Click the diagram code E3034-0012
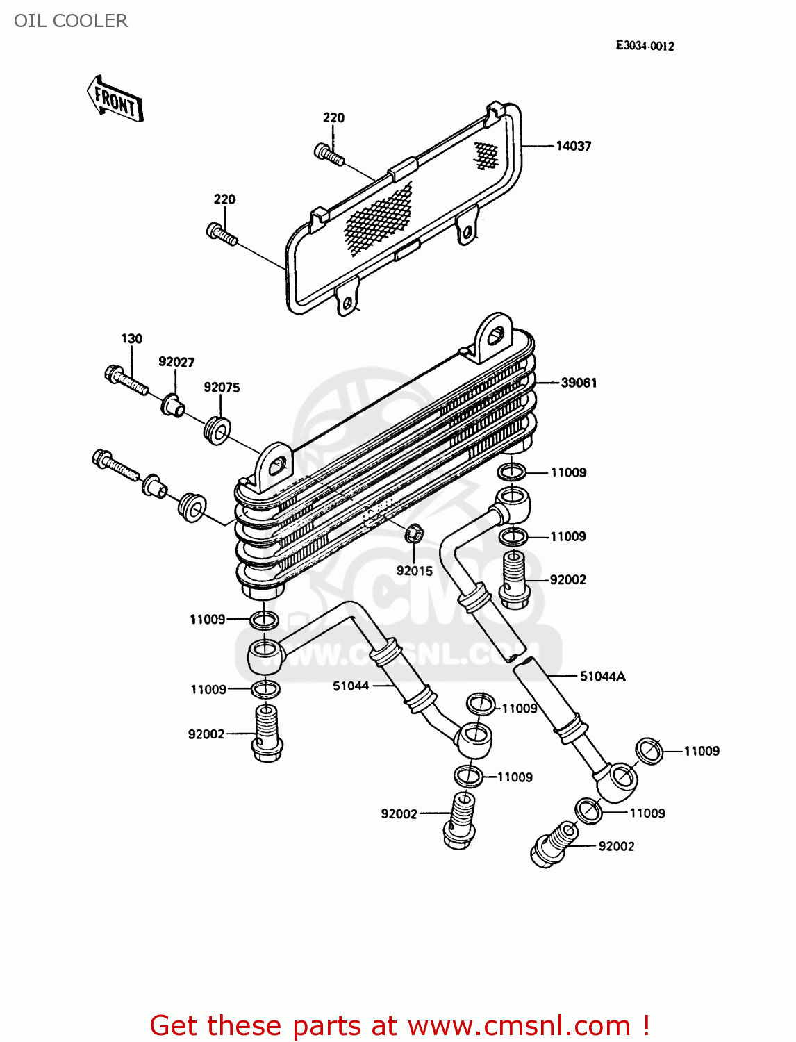point(645,46)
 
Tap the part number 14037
point(573,146)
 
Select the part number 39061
point(579,383)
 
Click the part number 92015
point(414,571)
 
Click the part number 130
point(131,338)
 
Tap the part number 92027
point(176,362)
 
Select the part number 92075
point(222,387)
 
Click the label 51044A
point(602,676)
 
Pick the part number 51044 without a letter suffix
point(351,686)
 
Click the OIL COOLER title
point(71,21)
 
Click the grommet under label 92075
point(217,431)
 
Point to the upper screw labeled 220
point(329,154)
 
